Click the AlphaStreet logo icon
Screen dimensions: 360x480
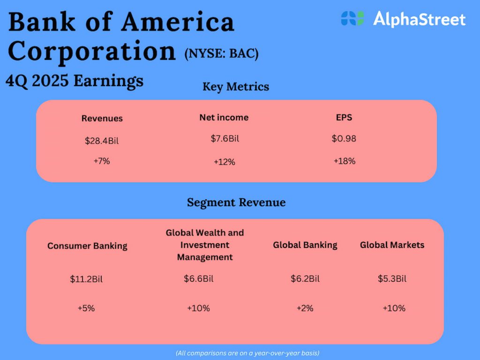coord(352,19)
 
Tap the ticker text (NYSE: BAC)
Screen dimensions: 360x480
coord(221,54)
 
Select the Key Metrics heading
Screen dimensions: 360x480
coord(236,87)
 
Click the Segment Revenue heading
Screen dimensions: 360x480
coord(236,202)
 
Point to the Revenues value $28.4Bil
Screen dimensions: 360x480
coord(102,141)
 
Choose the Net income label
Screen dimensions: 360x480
coord(224,118)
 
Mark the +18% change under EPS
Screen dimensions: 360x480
coord(345,161)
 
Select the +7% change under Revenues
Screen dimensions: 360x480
coord(101,161)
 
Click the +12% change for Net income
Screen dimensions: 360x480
coord(224,162)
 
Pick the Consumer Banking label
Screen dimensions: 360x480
coord(87,246)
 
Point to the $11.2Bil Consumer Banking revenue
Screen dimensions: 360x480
coord(86,279)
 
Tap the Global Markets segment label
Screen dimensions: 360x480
coord(392,245)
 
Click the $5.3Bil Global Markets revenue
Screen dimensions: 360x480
coord(392,279)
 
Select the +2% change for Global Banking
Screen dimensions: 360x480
coord(305,308)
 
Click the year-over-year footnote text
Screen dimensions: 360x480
coord(247,352)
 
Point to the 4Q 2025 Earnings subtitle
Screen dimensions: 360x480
coord(75,81)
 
